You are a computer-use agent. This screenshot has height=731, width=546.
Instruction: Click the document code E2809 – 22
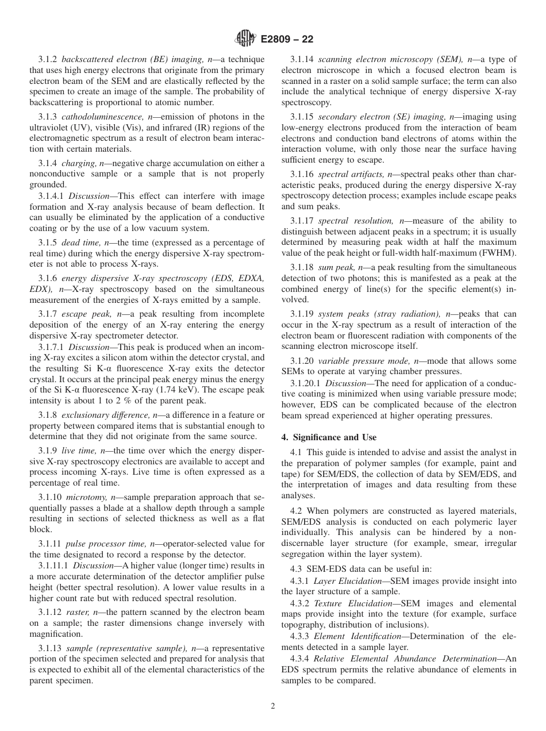pyautogui.click(x=287, y=40)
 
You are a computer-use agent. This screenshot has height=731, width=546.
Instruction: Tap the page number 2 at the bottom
pyautogui.click(x=273, y=706)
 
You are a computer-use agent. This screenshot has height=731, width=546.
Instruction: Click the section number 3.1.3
pyautogui.click(x=47, y=117)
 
